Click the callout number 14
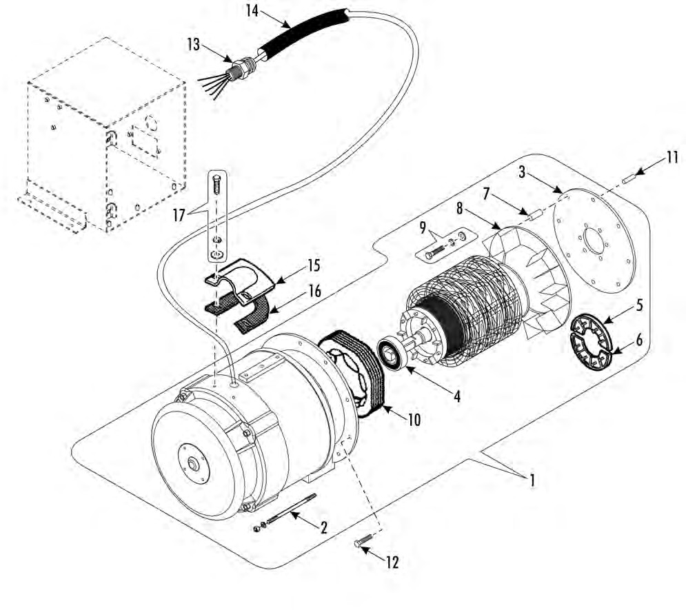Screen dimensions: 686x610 tap(252, 10)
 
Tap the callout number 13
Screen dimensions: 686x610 tap(193, 44)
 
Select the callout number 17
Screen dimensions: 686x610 tap(179, 214)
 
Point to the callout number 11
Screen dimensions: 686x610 tap(672, 157)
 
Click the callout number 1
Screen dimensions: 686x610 tap(532, 480)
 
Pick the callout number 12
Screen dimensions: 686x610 tap(392, 562)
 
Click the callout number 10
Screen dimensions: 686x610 tap(414, 419)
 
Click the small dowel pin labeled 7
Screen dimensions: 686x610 tap(534, 216)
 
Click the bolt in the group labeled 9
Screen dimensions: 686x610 tap(434, 252)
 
